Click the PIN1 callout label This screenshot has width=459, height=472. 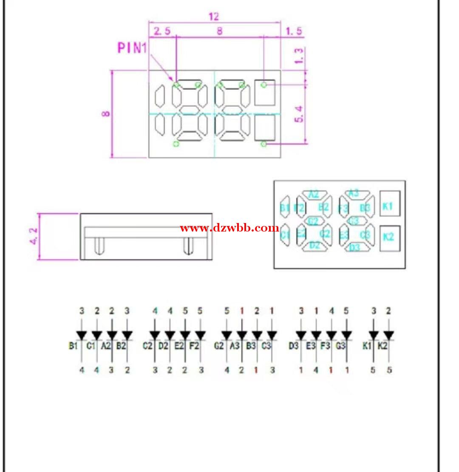click(132, 48)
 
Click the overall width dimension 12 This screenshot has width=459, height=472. click(214, 17)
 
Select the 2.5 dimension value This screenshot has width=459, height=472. click(162, 31)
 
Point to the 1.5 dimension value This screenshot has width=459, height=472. click(294, 31)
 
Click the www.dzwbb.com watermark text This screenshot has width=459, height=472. click(229, 228)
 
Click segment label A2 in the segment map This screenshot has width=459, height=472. click(314, 195)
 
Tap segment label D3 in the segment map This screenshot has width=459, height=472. click(355, 248)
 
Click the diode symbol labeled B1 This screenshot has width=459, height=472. click(82, 335)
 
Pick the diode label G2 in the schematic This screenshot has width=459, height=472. click(219, 346)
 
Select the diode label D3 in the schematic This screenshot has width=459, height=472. click(294, 346)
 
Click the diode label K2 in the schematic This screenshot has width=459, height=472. click(382, 346)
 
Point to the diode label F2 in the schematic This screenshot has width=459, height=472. click(194, 346)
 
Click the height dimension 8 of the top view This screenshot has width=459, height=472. click(106, 114)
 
